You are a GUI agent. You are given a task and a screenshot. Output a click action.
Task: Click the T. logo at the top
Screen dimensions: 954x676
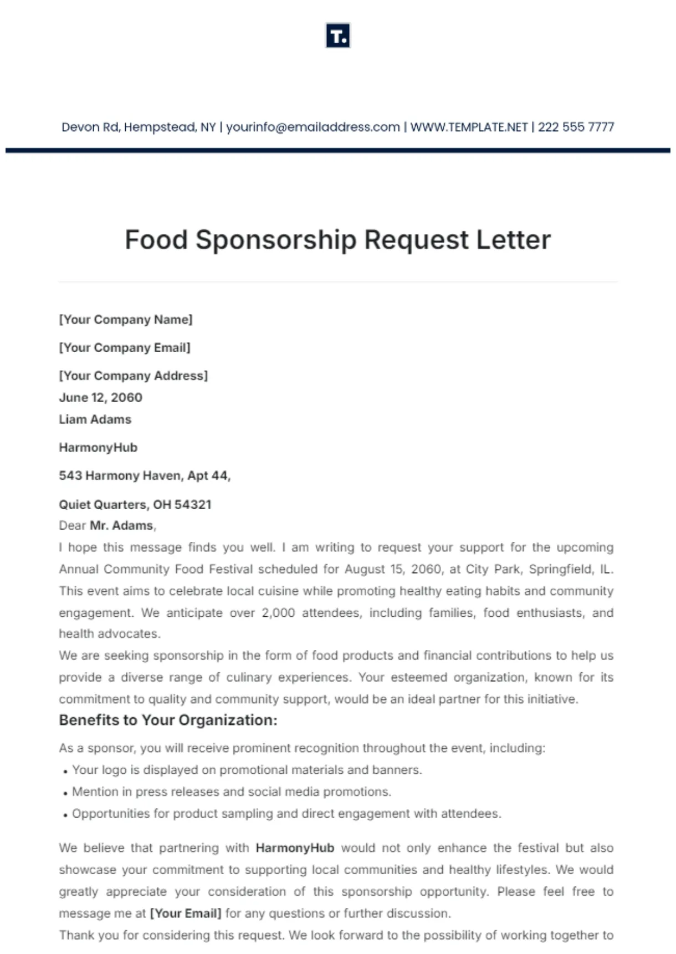coord(337,36)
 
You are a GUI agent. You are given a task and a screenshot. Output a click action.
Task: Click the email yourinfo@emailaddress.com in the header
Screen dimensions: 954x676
coord(313,127)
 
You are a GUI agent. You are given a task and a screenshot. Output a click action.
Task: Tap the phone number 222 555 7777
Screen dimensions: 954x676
coord(576,127)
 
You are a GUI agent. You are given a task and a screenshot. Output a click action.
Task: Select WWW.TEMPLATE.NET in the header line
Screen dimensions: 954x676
coord(469,127)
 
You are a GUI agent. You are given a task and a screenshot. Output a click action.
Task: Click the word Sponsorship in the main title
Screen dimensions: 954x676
coord(276,240)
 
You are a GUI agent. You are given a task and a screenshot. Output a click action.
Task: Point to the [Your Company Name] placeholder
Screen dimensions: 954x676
coord(126,319)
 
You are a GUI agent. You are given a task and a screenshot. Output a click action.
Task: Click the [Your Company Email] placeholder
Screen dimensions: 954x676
coord(125,348)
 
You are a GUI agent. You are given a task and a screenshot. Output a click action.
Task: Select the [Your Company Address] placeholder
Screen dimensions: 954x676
coord(134,376)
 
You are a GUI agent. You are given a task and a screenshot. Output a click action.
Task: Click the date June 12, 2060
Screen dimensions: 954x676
coord(100,398)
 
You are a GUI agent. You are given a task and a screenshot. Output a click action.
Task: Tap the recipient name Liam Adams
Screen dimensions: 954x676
coord(95,419)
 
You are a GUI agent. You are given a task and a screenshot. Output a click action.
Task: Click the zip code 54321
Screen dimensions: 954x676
coord(193,505)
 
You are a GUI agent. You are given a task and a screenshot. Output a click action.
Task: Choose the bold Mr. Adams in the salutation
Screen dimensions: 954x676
coord(122,525)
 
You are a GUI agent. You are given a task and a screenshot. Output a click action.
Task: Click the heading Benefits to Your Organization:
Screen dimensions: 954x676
coord(168,720)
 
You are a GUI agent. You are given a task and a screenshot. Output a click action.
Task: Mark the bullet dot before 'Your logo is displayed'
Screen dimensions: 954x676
coord(65,771)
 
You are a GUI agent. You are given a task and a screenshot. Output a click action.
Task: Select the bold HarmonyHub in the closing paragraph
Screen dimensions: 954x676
coord(295,848)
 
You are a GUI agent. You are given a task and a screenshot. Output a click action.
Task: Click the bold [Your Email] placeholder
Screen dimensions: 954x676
coord(186,914)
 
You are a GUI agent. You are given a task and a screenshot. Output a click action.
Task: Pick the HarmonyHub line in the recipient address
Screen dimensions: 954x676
coord(98,448)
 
